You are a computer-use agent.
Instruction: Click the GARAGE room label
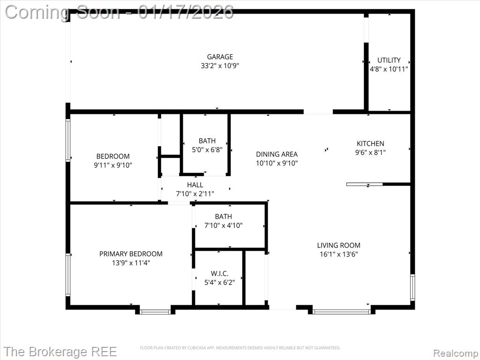[x=220, y=57]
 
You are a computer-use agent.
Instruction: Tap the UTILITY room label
[x=389, y=60]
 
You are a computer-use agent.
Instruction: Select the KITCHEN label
[x=370, y=143]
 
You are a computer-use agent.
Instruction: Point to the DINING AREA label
[x=277, y=154]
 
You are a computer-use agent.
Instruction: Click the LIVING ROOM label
[x=338, y=245]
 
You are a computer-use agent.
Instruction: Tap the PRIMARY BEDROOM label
[x=131, y=254]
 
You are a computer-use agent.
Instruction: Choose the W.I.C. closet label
[x=219, y=273]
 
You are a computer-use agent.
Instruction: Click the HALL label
[x=195, y=185]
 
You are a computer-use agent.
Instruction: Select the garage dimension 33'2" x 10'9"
[x=220, y=66]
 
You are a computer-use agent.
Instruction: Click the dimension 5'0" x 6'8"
[x=207, y=150]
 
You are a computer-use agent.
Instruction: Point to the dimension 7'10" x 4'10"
[x=224, y=225]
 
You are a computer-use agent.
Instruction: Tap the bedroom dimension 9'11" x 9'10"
[x=113, y=165]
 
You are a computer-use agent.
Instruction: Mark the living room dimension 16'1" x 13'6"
[x=338, y=254]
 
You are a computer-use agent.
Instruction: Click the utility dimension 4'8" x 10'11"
[x=389, y=69]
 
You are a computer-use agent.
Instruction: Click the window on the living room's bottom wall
[x=342, y=312]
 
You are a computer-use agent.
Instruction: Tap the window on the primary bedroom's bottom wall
[x=155, y=312]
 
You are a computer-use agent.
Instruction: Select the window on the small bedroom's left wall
[x=68, y=140]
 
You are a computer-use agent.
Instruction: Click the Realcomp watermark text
[x=455, y=353]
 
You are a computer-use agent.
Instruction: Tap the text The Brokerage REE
[x=60, y=352]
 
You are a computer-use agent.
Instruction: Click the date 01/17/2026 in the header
[x=186, y=12]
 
